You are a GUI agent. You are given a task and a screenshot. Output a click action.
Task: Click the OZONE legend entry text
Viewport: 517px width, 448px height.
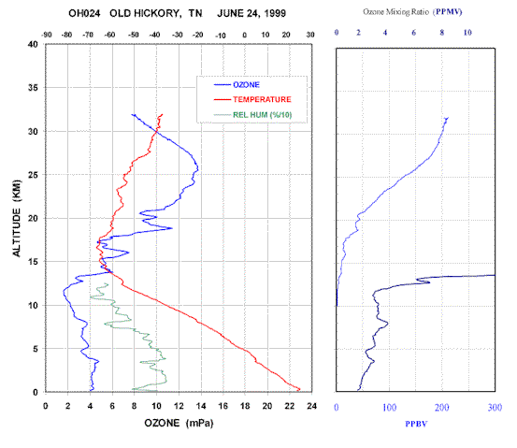(x=246, y=85)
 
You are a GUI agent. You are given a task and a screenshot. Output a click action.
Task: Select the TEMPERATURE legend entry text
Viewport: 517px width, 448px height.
(x=262, y=99)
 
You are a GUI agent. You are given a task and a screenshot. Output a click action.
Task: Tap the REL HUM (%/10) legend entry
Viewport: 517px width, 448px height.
(x=262, y=115)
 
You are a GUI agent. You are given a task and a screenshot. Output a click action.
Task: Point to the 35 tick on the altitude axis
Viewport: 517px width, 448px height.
(x=33, y=88)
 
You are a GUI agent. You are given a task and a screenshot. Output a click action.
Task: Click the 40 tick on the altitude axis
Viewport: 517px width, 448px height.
(x=33, y=44)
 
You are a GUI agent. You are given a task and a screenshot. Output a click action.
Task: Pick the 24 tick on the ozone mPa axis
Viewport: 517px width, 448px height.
(x=311, y=406)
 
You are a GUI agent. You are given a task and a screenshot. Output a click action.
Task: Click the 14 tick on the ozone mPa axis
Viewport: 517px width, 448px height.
(x=201, y=406)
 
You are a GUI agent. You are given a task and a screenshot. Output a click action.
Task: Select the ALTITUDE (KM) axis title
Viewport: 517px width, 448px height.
(x=17, y=218)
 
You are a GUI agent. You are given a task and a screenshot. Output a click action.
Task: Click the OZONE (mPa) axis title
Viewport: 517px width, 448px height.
(x=179, y=423)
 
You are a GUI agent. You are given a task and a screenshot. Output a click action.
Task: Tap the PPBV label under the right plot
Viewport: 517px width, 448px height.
(x=416, y=424)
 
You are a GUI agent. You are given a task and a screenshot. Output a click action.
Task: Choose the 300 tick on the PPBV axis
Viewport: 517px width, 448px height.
(x=495, y=408)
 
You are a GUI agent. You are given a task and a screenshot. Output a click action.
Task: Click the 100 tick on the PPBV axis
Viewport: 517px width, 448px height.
(x=390, y=408)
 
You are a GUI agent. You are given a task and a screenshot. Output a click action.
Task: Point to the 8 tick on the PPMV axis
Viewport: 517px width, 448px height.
(x=442, y=33)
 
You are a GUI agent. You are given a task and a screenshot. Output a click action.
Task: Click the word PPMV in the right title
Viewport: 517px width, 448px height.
(x=449, y=12)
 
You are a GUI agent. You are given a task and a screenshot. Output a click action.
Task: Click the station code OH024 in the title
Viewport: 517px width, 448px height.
(x=84, y=13)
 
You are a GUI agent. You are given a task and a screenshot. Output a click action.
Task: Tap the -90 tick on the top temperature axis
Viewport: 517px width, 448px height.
(x=47, y=35)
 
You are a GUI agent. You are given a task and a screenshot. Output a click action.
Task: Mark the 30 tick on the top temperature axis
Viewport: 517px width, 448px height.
(x=310, y=35)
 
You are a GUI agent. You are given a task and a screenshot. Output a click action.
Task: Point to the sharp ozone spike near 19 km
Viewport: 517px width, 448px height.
(x=171, y=228)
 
